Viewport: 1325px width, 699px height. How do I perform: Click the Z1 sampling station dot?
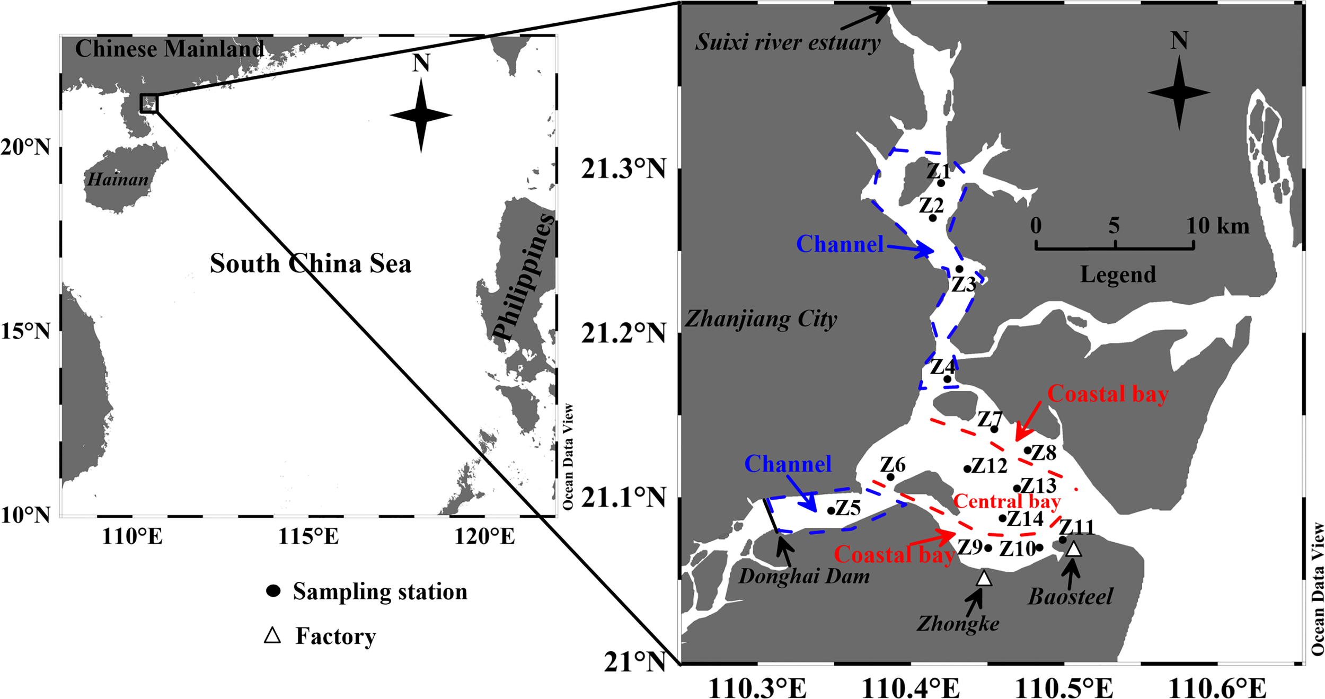(x=941, y=183)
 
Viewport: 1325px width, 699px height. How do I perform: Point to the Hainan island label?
(x=118, y=180)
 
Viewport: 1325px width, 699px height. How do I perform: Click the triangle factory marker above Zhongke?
(x=984, y=579)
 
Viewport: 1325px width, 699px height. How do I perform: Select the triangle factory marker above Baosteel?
(x=1074, y=550)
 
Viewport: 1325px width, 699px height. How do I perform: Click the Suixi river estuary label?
(x=788, y=42)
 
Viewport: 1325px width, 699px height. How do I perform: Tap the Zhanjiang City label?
(x=761, y=319)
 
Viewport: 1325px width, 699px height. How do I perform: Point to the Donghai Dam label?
(x=804, y=576)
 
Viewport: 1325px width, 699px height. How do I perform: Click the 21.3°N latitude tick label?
(x=623, y=169)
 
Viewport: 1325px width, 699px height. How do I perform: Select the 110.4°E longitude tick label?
(x=911, y=688)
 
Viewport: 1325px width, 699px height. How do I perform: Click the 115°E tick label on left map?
(x=308, y=536)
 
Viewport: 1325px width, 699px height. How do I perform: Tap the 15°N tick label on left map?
(x=25, y=331)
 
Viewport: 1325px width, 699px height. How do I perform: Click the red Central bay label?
(x=1007, y=501)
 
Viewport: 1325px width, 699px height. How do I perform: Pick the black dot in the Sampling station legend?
(x=273, y=591)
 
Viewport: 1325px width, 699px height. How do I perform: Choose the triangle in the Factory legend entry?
(x=272, y=635)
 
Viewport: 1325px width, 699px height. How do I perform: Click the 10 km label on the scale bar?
(x=1217, y=226)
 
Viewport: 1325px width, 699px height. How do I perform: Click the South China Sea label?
(x=311, y=263)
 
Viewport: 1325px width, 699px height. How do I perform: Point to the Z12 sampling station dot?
(x=967, y=468)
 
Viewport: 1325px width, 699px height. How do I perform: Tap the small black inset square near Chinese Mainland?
(x=149, y=103)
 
